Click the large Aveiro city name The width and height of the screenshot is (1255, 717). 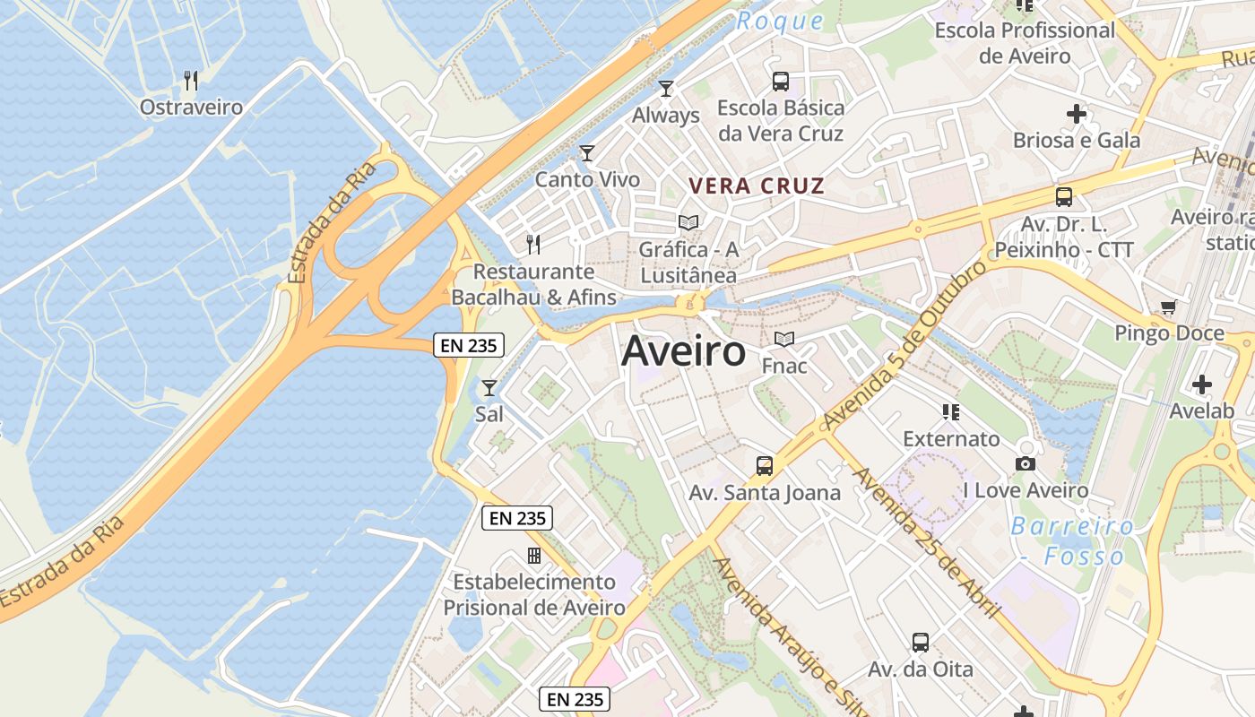coord(683,351)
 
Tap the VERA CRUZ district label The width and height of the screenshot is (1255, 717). coord(756,186)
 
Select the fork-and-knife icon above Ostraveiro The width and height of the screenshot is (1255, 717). coord(190,81)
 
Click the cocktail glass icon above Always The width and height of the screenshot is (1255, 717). coord(666,88)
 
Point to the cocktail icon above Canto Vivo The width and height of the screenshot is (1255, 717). coord(587,153)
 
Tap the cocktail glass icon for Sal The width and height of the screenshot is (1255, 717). coord(489,388)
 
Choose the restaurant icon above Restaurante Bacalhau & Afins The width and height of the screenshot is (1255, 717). coord(533,244)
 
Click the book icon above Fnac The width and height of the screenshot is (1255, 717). coord(784,340)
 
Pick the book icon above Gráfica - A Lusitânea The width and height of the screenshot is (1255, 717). coord(688,222)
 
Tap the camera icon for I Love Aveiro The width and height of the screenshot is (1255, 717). coord(1026,463)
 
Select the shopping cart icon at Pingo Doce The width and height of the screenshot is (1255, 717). coord(1169,307)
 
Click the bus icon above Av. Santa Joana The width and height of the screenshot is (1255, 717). coord(765,465)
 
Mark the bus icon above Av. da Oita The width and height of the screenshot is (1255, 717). coord(921,642)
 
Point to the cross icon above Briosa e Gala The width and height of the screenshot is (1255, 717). coord(1077,114)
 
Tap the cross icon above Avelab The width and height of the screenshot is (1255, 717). coord(1202,384)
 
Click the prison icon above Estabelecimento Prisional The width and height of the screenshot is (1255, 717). coord(534,556)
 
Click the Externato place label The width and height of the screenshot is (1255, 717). coord(951,439)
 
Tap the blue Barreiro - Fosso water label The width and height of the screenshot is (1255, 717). coord(1071,541)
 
